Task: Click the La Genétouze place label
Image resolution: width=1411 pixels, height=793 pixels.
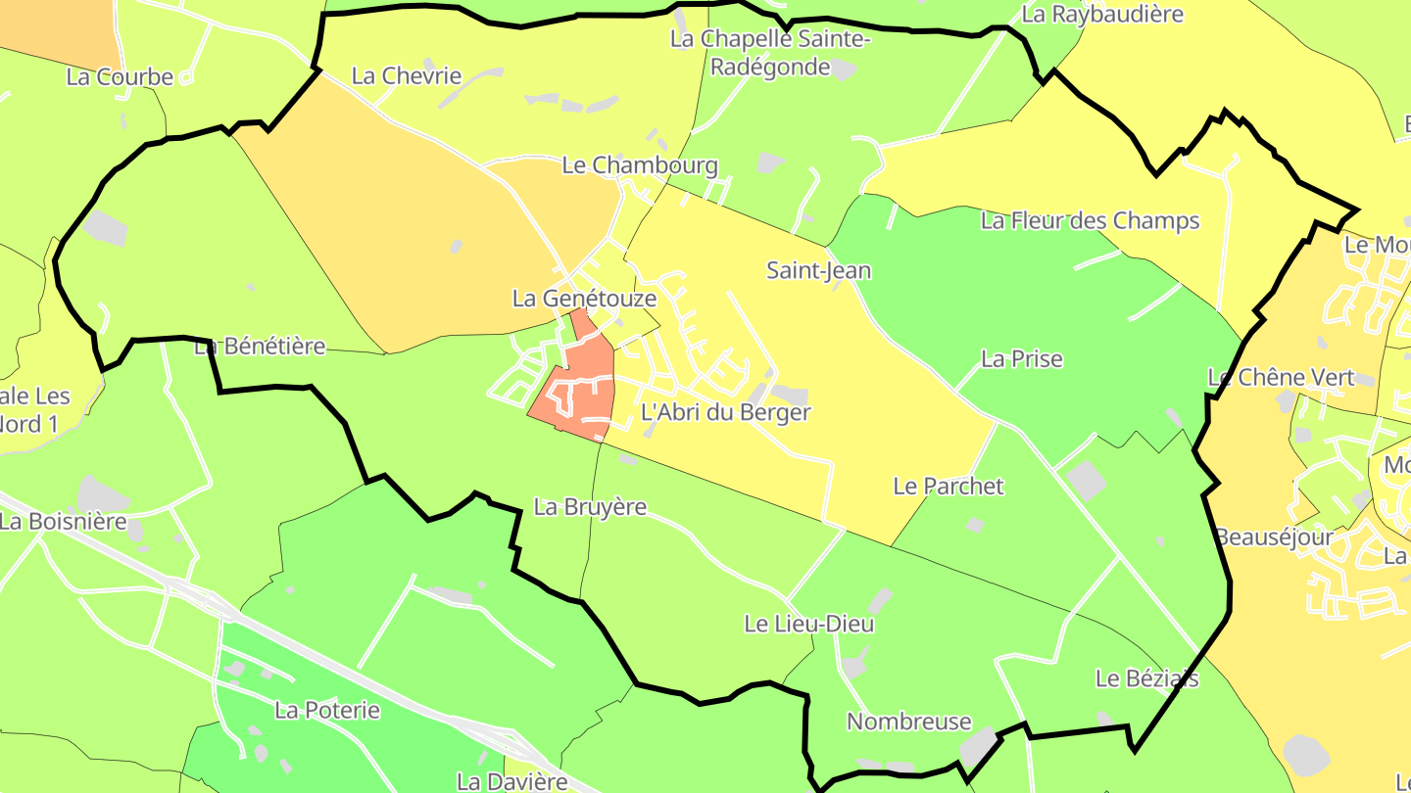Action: pos(584,298)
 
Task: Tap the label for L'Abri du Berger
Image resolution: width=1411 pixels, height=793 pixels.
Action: pos(725,412)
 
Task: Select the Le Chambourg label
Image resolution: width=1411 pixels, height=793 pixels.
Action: pos(639,165)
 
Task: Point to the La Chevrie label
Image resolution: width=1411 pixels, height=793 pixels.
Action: pos(406,75)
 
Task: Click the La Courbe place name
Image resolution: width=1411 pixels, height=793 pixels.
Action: pos(120,76)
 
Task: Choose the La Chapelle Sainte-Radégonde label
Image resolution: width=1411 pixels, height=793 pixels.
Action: pos(770,53)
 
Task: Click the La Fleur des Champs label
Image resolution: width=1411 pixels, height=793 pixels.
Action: pos(1090,220)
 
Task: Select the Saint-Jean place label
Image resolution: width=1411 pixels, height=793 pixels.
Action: pos(818,270)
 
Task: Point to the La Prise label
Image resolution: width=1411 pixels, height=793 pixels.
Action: pos(1021,358)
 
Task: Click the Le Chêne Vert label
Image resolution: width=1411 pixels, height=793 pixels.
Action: pos(1280,377)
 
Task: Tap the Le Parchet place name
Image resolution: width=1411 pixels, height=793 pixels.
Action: pos(949,486)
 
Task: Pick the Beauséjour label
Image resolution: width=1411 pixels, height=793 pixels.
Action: pos(1274,536)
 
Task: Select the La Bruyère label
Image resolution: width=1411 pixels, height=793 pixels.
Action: pos(590,506)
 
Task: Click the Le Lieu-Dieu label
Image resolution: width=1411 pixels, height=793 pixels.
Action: pos(808,623)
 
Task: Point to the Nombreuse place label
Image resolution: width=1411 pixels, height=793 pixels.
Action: pos(908,722)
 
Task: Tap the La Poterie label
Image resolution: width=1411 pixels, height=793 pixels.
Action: pos(326,710)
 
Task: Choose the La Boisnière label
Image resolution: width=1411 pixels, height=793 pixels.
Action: pos(64,521)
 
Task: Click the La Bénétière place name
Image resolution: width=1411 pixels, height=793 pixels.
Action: pos(260,346)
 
